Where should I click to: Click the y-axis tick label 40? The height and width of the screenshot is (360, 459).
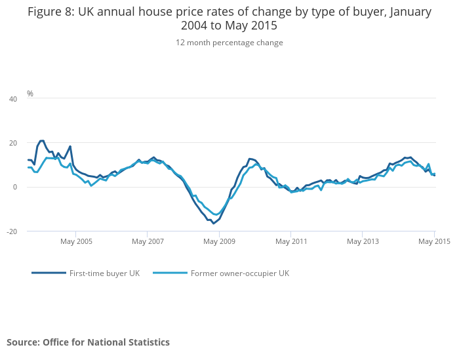[13, 99]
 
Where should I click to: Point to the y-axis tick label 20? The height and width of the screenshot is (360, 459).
[13, 143]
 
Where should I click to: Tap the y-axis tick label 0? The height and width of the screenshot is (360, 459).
[15, 187]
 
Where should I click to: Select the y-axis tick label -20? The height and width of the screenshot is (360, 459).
[12, 231]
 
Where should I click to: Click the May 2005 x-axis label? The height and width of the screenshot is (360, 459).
[76, 241]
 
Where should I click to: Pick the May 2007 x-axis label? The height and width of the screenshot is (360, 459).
[148, 241]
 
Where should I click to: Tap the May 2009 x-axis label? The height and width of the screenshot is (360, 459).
[220, 241]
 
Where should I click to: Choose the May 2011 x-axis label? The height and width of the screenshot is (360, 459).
[291, 241]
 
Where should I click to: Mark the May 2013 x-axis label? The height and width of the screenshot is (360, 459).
[363, 241]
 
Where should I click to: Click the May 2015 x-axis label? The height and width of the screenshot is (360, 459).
[434, 241]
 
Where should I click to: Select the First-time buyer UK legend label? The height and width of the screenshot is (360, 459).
[104, 273]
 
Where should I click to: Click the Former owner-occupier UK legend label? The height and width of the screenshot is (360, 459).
[239, 273]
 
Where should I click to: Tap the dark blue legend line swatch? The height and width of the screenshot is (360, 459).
[49, 273]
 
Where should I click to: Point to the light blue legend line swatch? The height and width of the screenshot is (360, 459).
[170, 273]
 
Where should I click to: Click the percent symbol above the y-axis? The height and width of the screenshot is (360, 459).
[30, 94]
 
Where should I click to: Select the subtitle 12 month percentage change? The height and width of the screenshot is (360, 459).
[229, 43]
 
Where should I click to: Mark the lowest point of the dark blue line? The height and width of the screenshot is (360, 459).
[213, 224]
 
